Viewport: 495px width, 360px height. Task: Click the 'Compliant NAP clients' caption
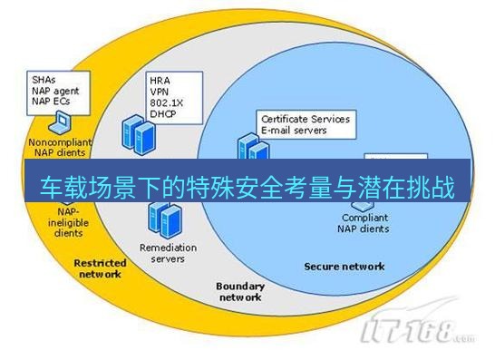[x=365, y=223]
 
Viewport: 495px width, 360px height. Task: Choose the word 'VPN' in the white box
[x=160, y=91]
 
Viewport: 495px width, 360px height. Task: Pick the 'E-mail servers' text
[x=294, y=130]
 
